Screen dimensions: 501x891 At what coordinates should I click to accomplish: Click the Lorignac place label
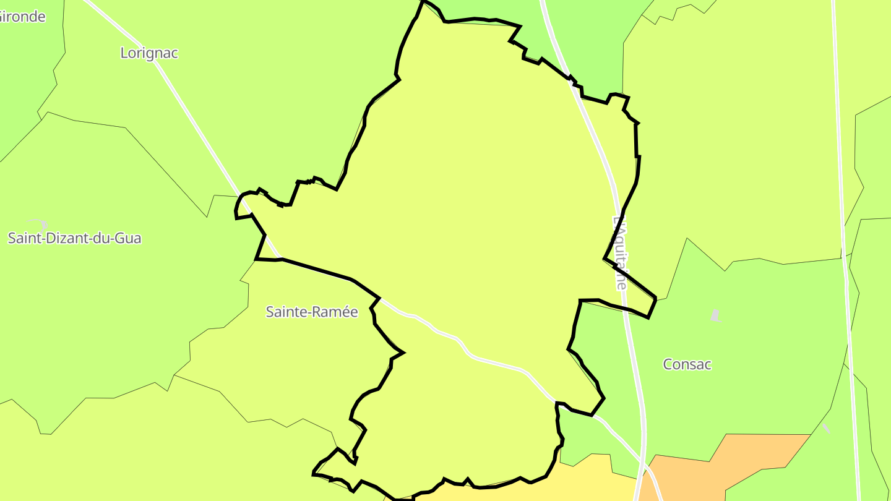point(149,53)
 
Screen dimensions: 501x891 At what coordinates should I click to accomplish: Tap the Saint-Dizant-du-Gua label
point(74,238)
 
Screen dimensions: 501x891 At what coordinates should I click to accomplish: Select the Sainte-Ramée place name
point(312,312)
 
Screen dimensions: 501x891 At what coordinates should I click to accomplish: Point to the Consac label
point(687,364)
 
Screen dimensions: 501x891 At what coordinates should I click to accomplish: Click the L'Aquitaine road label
point(620,252)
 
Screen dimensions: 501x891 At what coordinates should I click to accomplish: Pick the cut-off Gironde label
point(22,17)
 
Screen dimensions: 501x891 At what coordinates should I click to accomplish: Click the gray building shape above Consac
point(715,316)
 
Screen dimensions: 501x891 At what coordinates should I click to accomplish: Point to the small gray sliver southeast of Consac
point(827,428)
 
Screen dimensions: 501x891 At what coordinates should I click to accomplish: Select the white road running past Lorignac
point(186,105)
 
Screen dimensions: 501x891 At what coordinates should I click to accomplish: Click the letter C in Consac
point(668,364)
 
